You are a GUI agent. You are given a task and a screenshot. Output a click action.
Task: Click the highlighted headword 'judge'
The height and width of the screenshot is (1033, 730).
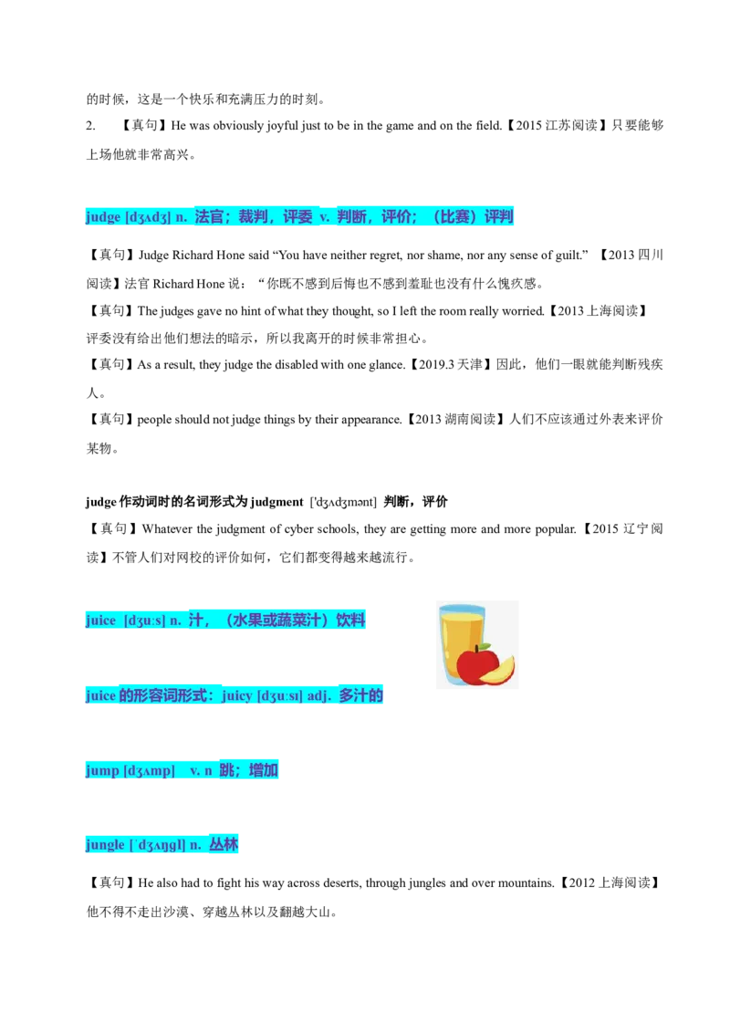(x=103, y=217)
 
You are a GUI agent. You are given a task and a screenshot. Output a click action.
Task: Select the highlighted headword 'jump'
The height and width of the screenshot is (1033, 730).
(x=102, y=770)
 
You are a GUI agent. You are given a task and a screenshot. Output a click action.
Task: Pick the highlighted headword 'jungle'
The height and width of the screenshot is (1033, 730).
(x=105, y=845)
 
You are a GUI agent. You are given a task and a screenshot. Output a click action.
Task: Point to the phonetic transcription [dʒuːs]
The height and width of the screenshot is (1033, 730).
(x=144, y=621)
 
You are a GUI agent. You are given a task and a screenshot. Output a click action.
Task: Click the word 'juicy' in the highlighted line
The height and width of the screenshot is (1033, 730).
(x=236, y=695)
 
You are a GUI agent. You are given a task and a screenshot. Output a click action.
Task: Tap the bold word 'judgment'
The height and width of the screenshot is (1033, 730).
(x=276, y=502)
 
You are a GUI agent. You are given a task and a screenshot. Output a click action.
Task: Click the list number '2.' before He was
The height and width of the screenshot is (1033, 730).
(x=91, y=126)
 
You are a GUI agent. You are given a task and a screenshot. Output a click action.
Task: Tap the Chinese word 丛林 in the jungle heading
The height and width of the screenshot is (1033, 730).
(x=224, y=845)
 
